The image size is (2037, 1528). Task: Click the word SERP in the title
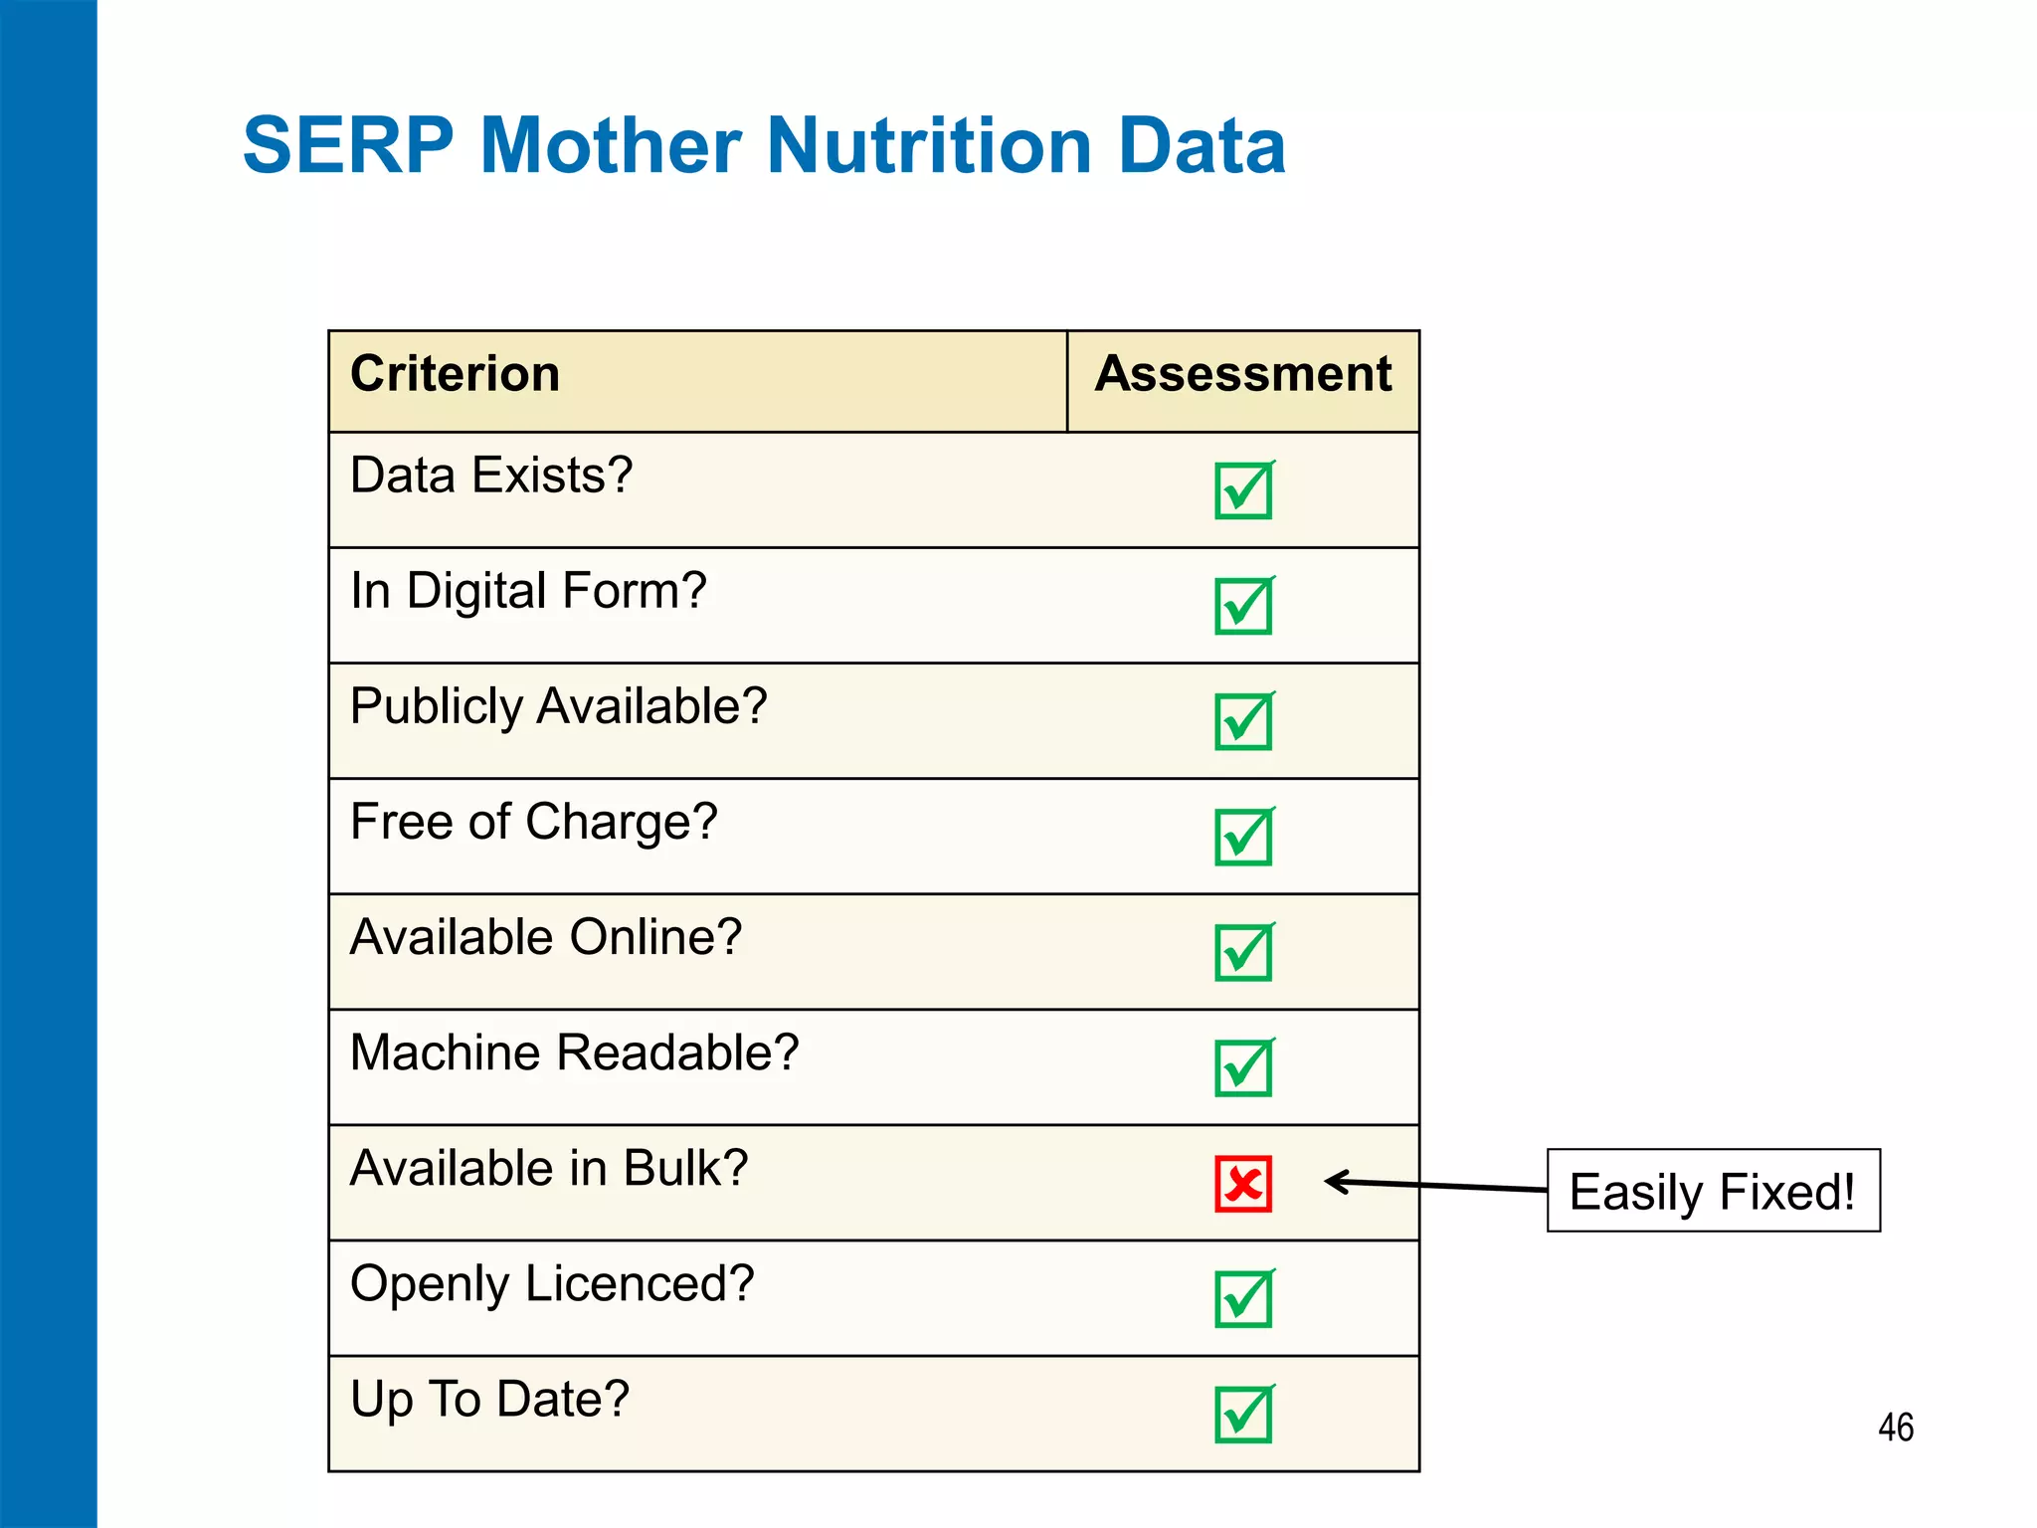coord(348,146)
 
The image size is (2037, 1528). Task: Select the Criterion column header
coord(456,375)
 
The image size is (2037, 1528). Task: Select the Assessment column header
coord(1242,375)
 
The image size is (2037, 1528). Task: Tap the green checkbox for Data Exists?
coord(1243,490)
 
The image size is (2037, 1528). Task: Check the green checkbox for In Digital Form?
coord(1243,606)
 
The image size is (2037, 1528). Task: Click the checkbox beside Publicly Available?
coord(1243,721)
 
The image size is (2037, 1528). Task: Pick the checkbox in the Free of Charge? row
coord(1243,837)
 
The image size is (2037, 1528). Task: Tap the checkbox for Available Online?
coord(1243,952)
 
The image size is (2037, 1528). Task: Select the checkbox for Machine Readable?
coord(1243,1067)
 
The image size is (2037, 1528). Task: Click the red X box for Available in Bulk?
coord(1243,1184)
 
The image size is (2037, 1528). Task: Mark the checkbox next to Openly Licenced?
coord(1243,1298)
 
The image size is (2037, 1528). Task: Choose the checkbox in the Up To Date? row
coord(1243,1414)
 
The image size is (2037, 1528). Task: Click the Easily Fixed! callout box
coord(1713,1191)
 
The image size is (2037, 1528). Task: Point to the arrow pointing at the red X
coord(1432,1185)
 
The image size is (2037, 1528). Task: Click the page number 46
coord(1896,1428)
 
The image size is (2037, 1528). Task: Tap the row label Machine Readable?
coord(575,1053)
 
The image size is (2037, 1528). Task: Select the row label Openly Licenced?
coord(552,1284)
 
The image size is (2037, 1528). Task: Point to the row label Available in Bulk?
coord(549,1169)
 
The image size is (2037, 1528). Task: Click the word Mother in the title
coord(611,146)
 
